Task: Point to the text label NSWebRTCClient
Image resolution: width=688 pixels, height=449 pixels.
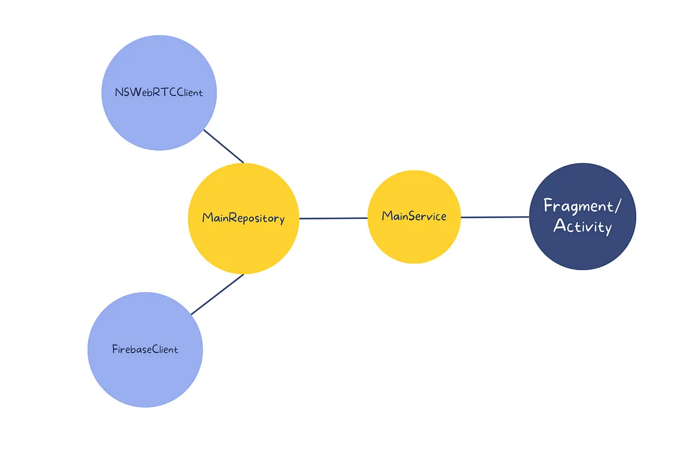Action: point(159,93)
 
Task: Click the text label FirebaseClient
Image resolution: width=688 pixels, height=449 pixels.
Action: point(145,349)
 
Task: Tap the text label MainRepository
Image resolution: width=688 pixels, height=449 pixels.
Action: point(243,218)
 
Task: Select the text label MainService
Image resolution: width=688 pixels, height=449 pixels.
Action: point(414,216)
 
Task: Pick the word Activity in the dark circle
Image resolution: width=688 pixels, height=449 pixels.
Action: point(582,226)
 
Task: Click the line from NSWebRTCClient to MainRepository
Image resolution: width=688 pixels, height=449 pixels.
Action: point(223,146)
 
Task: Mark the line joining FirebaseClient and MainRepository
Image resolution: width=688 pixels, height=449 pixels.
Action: point(217,295)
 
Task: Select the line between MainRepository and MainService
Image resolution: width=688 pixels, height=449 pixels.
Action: point(333,218)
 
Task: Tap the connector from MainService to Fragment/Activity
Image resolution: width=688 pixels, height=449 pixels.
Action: point(495,217)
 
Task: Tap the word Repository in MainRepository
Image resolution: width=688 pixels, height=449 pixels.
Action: point(257,219)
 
